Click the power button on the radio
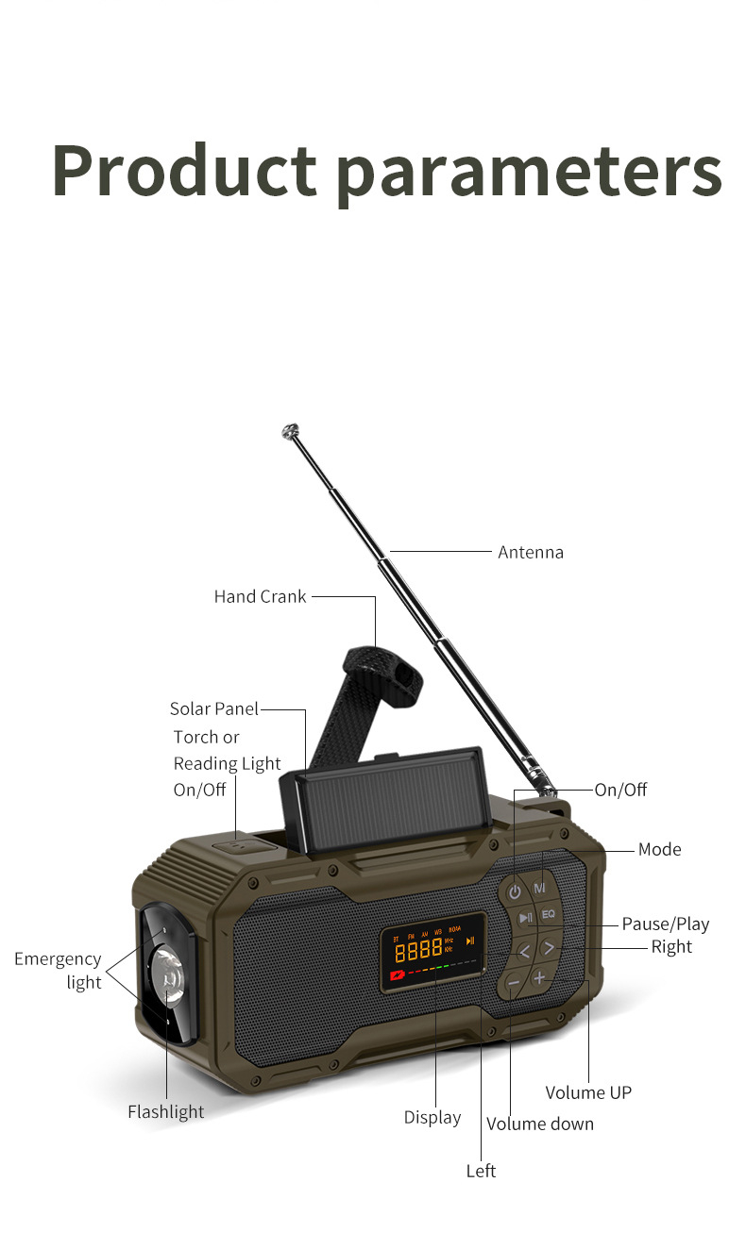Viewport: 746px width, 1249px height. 514,892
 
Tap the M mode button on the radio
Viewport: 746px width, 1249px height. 539,887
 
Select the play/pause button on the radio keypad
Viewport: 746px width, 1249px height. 525,917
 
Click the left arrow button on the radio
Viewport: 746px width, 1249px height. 523,951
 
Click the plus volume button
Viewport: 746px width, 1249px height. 539,977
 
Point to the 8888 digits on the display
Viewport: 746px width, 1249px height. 418,950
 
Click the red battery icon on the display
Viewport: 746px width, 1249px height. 398,975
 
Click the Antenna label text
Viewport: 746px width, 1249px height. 531,552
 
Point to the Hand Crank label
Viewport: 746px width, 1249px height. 260,596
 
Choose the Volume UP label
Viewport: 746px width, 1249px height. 588,1092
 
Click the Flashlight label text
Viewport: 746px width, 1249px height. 165,1112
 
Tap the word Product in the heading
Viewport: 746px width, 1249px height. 185,170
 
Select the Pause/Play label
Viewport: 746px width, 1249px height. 666,924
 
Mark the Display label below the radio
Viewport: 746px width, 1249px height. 432,1118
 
